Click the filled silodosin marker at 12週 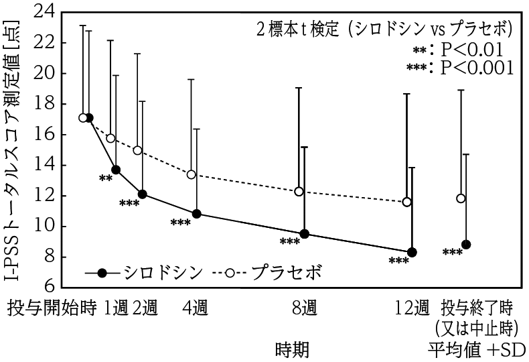[x=412, y=252]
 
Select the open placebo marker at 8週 [x=299, y=192]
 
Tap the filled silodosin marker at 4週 [x=197, y=214]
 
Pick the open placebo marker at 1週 [x=111, y=138]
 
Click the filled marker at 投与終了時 [x=466, y=244]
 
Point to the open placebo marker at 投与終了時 [x=461, y=198]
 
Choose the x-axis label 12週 [x=411, y=308]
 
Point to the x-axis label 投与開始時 [x=52, y=308]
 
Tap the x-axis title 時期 [x=292, y=349]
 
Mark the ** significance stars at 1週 [x=105, y=178]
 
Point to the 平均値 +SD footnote [x=477, y=349]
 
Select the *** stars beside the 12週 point [x=398, y=261]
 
